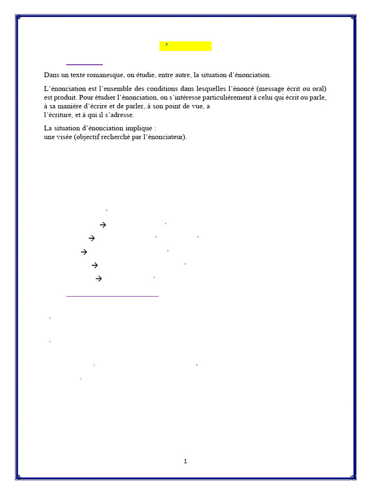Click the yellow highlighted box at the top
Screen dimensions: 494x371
point(185,46)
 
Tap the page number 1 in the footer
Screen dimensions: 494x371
point(185,462)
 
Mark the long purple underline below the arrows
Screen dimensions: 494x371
point(112,296)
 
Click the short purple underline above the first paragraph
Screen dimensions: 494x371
point(85,64)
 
